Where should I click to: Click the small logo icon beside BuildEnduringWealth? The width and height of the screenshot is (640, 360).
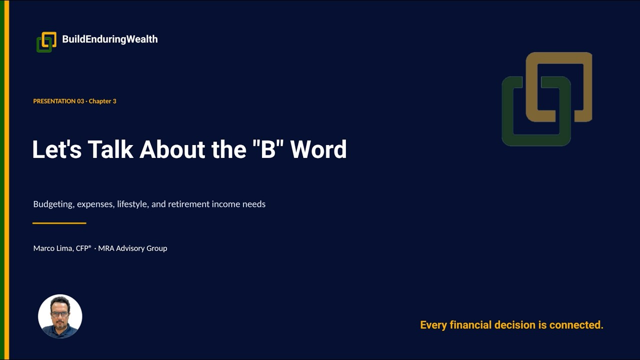[x=46, y=42]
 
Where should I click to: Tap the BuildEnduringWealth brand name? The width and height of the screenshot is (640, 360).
[x=109, y=39]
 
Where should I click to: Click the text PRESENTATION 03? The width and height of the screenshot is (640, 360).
[x=58, y=101]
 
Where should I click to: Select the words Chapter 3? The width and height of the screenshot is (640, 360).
[x=102, y=101]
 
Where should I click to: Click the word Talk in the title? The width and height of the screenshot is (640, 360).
[x=110, y=149]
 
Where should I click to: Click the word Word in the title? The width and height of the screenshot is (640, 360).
[x=318, y=149]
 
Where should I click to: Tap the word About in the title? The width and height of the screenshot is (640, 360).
[x=172, y=149]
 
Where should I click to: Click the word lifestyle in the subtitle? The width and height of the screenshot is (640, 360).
[x=133, y=204]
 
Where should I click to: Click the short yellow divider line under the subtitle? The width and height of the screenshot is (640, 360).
[x=59, y=223]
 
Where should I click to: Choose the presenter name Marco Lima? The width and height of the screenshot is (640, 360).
[x=53, y=248]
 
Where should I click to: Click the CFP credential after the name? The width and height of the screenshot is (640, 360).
[x=83, y=248]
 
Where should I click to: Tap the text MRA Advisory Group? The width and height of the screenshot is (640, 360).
[x=132, y=248]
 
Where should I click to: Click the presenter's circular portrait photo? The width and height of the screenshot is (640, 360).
[x=60, y=316]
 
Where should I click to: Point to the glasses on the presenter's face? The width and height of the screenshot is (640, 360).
[x=60, y=314]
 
